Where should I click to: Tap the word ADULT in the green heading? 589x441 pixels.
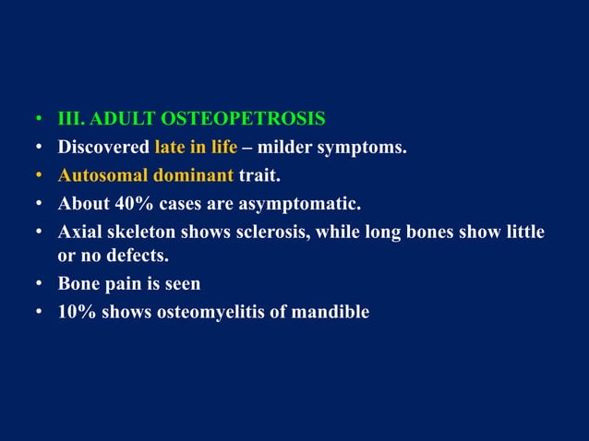[126, 120]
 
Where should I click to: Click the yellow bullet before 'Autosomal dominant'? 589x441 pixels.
[39, 175]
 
